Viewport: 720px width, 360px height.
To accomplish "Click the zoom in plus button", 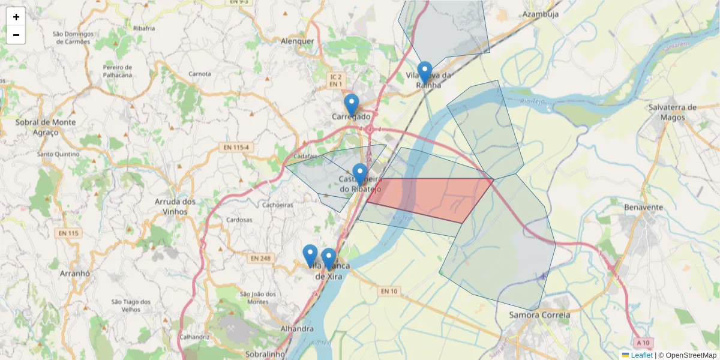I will (x=16, y=17).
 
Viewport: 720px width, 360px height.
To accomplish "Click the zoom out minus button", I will (x=16, y=35).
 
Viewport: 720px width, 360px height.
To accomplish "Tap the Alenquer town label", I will (x=298, y=41).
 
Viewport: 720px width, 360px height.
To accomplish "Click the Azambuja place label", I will (x=541, y=14).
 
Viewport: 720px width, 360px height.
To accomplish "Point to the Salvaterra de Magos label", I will (x=672, y=112).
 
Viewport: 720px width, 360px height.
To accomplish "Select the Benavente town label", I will (x=643, y=208).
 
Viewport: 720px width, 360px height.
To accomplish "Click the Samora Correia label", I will (x=539, y=314).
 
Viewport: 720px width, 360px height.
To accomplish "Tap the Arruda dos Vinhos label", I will (x=175, y=206).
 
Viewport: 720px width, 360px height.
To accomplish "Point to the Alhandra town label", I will (x=297, y=329).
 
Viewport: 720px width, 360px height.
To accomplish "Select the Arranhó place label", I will (x=75, y=273).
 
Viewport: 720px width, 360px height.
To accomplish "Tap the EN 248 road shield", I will (x=260, y=259).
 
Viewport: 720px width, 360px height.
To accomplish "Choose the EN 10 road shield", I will (x=389, y=291).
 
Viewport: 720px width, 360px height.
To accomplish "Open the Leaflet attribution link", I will (x=641, y=355).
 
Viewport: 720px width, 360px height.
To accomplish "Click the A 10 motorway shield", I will (x=643, y=343).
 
